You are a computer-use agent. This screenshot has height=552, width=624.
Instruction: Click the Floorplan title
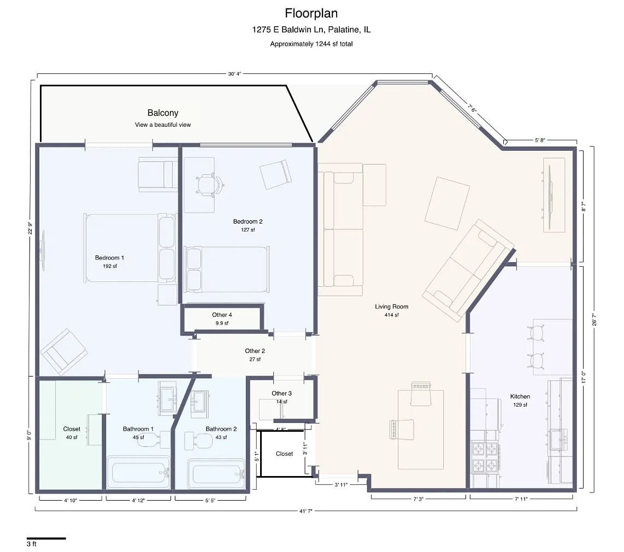[311, 13]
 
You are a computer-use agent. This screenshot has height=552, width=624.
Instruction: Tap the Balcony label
[163, 113]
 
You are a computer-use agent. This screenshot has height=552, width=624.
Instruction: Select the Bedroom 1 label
[109, 257]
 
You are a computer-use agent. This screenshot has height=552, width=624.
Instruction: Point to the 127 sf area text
[248, 230]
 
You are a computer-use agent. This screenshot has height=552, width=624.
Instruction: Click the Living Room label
[392, 307]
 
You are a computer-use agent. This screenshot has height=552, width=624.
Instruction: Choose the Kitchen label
[520, 396]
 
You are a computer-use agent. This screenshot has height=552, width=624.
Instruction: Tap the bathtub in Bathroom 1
[138, 472]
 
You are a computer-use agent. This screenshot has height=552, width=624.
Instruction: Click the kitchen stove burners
[486, 457]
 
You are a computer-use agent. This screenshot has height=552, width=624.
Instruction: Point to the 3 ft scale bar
[46, 538]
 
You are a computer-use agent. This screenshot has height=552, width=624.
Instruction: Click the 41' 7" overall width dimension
[305, 511]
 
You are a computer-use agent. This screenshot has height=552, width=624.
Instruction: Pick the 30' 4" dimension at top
[234, 74]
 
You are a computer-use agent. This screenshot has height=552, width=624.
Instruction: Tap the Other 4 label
[222, 315]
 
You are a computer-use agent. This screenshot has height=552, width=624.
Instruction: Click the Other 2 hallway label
[255, 351]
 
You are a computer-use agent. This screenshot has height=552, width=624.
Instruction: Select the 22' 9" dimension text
[30, 228]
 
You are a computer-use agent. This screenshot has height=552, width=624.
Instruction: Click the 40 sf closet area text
[72, 437]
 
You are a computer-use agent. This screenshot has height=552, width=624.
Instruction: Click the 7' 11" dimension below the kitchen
[521, 499]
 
